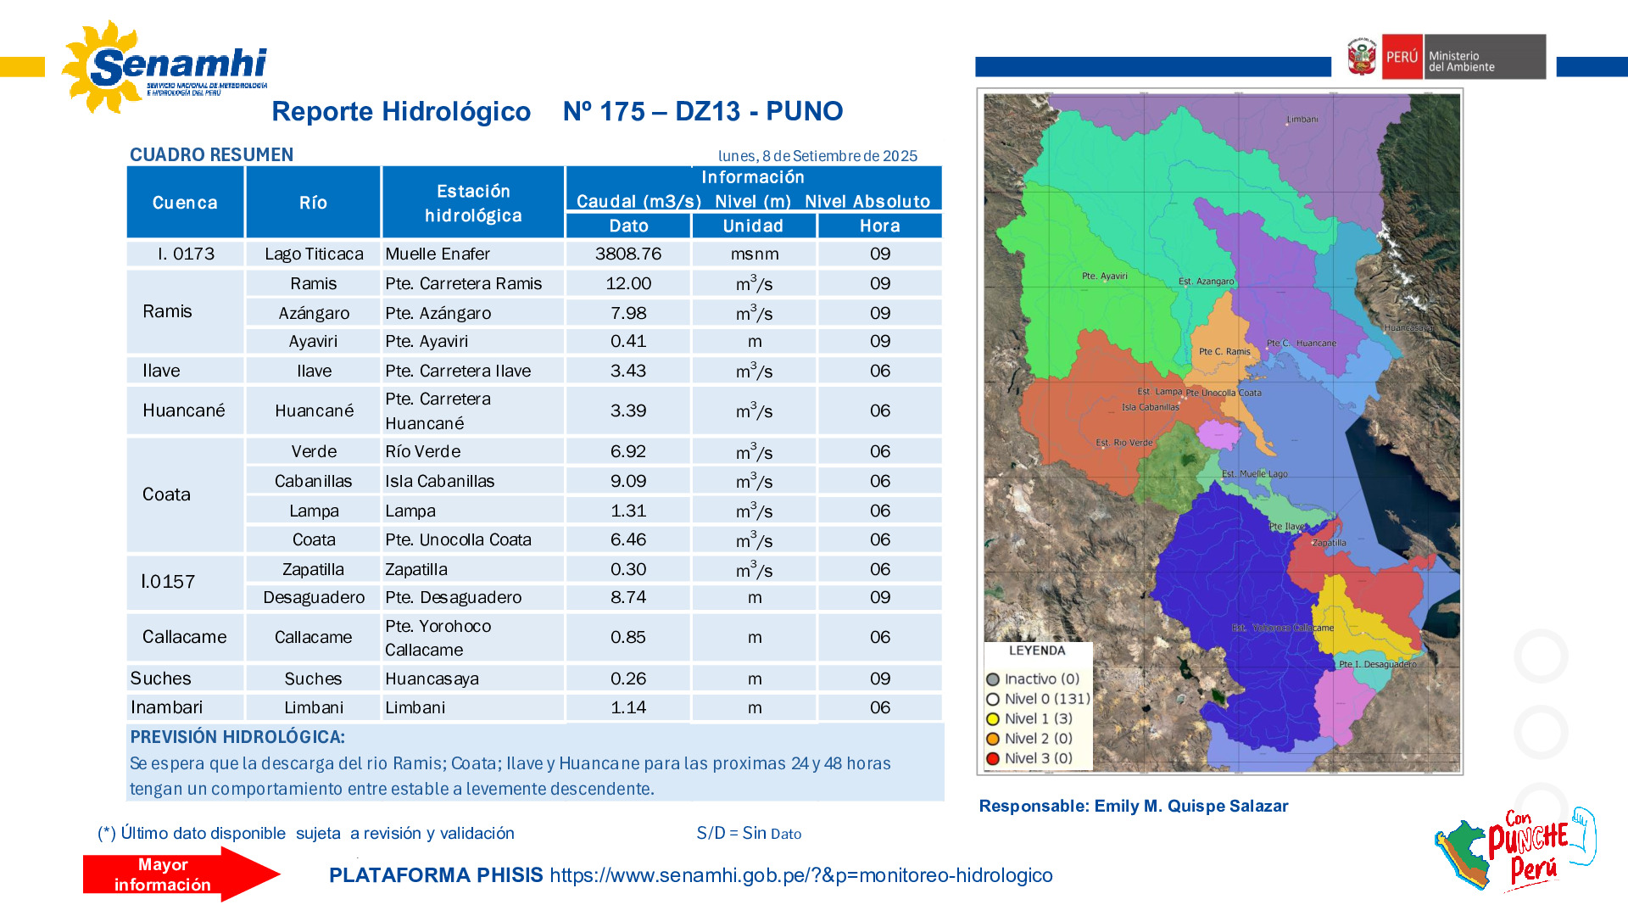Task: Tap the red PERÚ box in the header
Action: [x=1402, y=57]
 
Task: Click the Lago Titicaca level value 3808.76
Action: [x=627, y=254]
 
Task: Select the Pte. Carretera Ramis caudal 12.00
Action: [x=627, y=283]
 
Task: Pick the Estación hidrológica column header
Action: [x=473, y=203]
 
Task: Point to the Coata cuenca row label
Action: [x=166, y=494]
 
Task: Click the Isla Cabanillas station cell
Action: [x=439, y=481]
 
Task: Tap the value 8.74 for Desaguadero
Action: [x=627, y=597]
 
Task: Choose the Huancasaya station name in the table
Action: [x=432, y=679]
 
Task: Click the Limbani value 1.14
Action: [x=627, y=707]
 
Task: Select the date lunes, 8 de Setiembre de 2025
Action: [x=817, y=156]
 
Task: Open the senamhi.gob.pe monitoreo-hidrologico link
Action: [x=800, y=875]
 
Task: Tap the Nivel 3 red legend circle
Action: [x=993, y=758]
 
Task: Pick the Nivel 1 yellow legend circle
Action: [x=993, y=718]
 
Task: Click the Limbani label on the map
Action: [x=1302, y=120]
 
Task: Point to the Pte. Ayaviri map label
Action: [x=1104, y=276]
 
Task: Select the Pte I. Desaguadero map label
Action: [x=1377, y=664]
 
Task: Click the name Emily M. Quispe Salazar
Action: [x=1190, y=806]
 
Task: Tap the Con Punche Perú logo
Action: [x=1518, y=850]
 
